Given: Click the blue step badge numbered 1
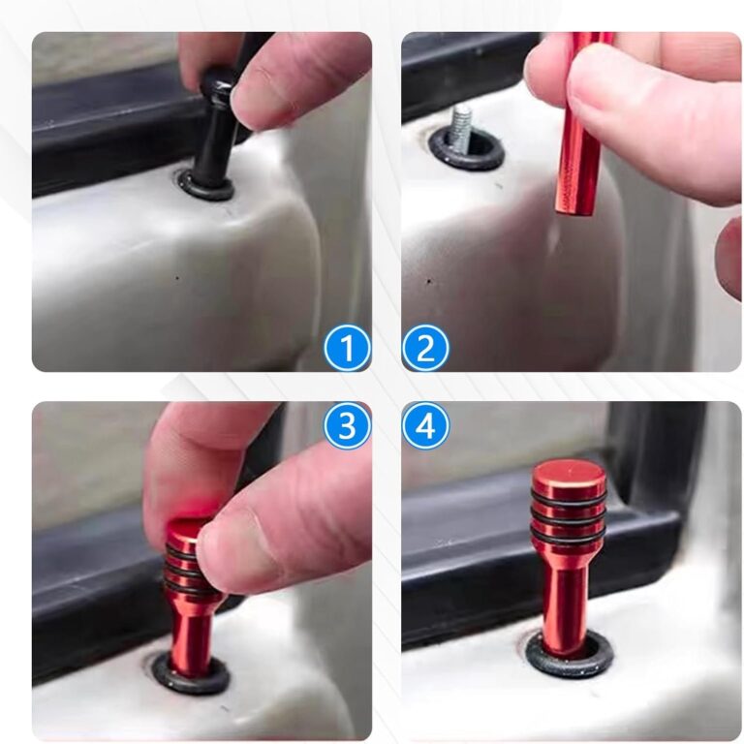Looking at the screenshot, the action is click(x=347, y=348).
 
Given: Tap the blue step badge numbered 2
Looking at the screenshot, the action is click(x=425, y=348).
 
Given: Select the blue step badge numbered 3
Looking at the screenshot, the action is click(x=347, y=425).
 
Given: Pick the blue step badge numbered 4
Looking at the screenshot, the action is click(x=425, y=425).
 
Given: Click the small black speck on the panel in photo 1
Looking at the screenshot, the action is click(x=177, y=278).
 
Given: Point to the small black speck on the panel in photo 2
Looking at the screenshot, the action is click(x=429, y=281).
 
